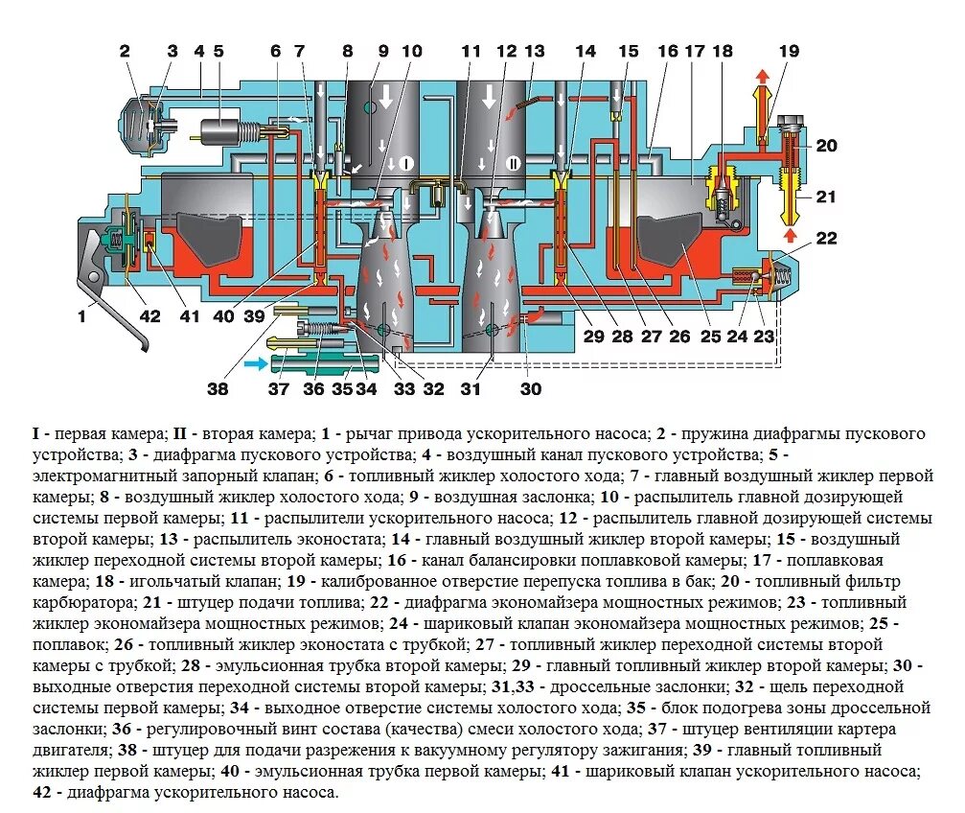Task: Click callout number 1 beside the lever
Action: (81, 314)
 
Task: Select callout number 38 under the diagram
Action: (218, 389)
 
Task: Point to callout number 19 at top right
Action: (788, 51)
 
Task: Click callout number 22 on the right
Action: (826, 238)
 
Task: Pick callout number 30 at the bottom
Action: (530, 389)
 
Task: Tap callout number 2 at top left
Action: (125, 51)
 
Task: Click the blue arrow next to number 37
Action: (256, 363)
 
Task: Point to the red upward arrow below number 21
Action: (790, 233)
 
